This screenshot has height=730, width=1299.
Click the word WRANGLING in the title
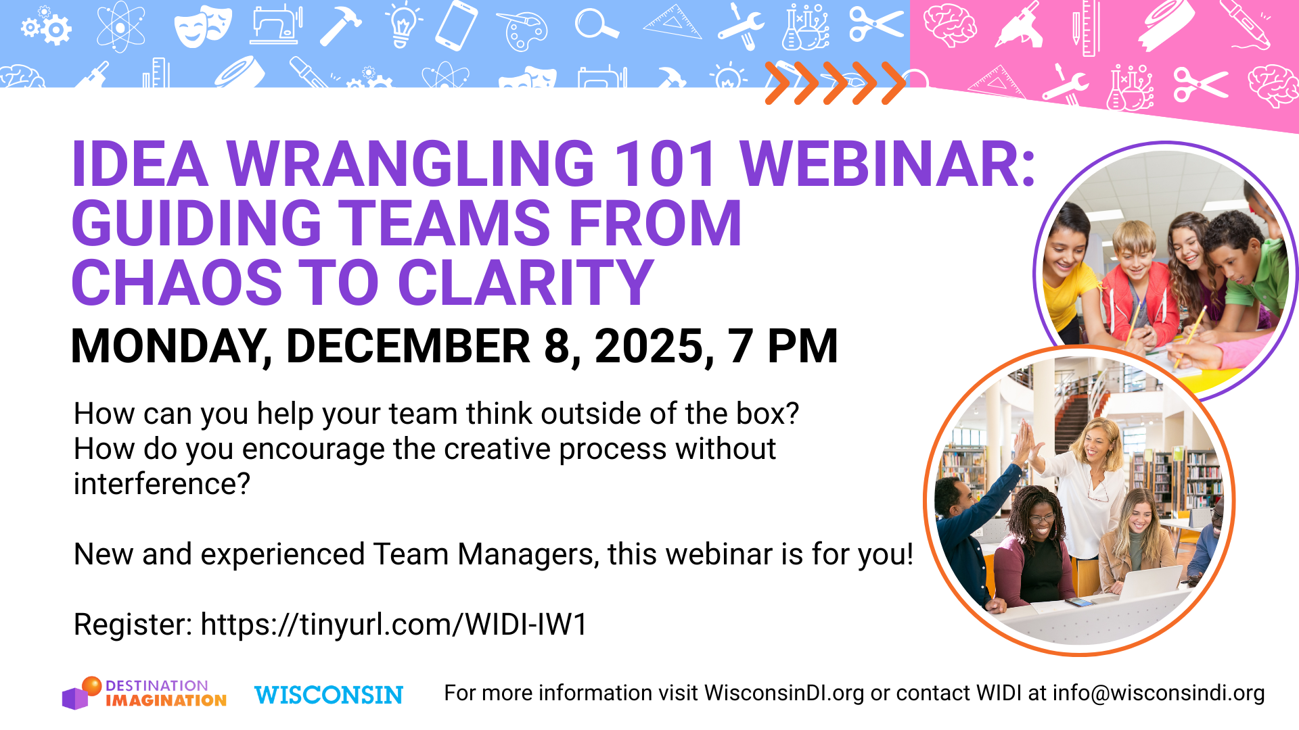pos(410,164)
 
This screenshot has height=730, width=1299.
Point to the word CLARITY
pos(526,283)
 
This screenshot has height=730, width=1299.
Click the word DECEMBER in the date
pos(408,347)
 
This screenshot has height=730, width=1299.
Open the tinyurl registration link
pos(394,625)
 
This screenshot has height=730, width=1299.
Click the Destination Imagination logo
pos(144,693)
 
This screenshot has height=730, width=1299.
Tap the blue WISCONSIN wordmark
pos(329,695)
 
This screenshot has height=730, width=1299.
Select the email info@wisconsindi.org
pos(1158,693)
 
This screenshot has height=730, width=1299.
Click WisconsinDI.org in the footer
pos(784,693)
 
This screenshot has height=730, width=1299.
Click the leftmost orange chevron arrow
pos(777,83)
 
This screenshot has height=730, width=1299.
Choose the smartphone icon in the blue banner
pos(456,26)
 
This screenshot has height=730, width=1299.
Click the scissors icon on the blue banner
pos(875,25)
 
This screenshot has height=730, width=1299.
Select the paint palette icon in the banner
pos(522,31)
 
